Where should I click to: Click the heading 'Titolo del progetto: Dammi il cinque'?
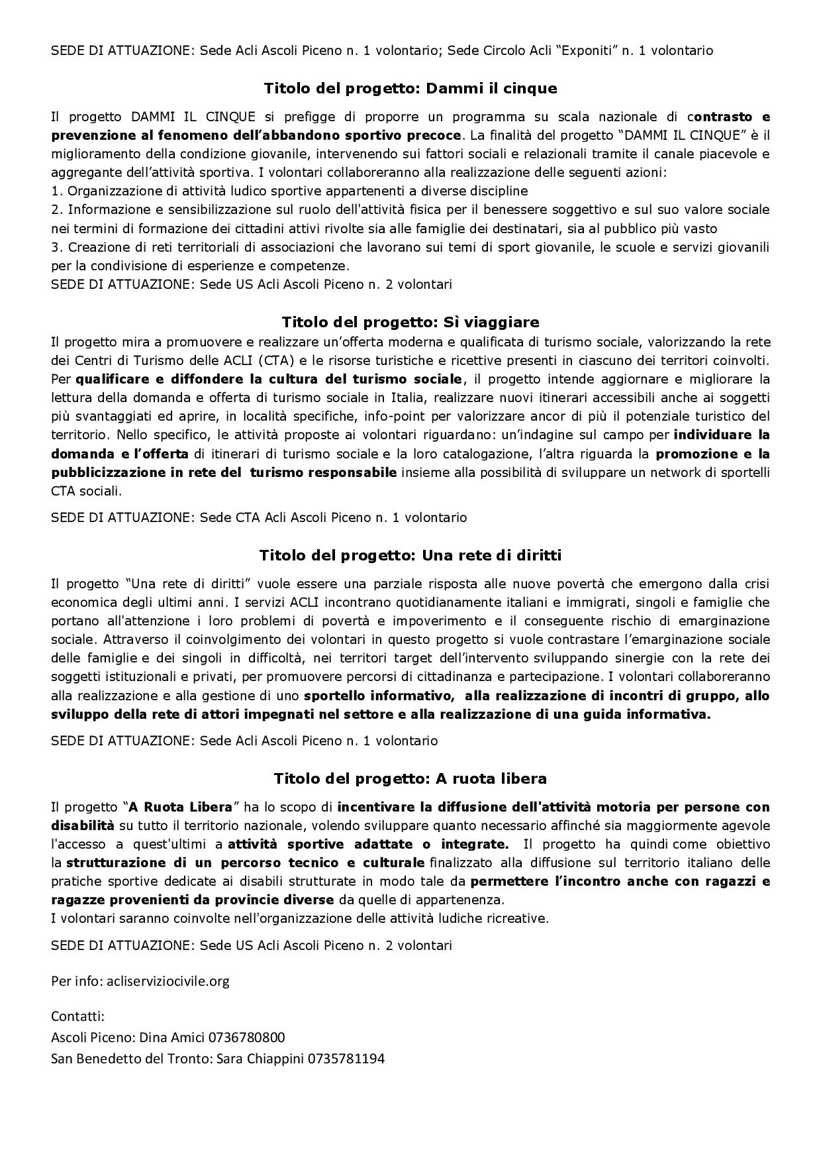[x=410, y=88]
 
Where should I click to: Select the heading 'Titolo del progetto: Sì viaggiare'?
[x=410, y=322]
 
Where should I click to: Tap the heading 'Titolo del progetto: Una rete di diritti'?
[x=410, y=555]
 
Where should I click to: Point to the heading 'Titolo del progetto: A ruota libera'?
[x=410, y=778]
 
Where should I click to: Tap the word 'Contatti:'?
[x=78, y=1016]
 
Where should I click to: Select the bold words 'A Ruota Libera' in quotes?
[x=181, y=807]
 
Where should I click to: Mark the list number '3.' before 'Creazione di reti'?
[x=56, y=247]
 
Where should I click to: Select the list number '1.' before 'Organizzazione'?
[x=56, y=191]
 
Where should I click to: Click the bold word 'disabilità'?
[x=83, y=825]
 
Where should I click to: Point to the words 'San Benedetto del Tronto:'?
[x=129, y=1058]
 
